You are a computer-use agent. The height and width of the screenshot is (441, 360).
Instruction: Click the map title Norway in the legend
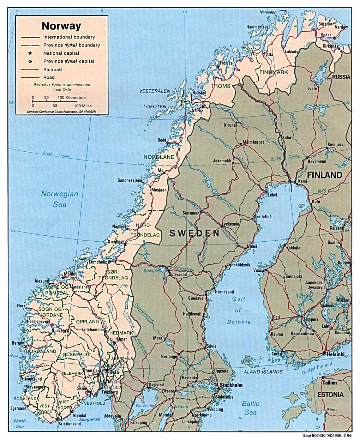pos(61,26)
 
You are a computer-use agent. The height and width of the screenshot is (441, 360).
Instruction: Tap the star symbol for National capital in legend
pos(30,53)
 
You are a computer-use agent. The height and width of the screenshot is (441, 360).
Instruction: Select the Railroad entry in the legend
pos(52,70)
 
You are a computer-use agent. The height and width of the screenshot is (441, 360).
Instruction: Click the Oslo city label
pos(114,372)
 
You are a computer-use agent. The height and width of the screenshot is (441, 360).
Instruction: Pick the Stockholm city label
pos(231,385)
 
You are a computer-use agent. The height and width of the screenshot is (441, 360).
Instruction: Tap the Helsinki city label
pos(335,354)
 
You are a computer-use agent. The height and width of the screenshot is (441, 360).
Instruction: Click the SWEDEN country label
pos(194,233)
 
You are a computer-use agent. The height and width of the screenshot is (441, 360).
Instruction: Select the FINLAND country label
pos(325,175)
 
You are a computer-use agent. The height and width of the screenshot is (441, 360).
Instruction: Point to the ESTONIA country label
pos(330,394)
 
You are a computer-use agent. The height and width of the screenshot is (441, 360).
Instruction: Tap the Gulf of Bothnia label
pos(239,310)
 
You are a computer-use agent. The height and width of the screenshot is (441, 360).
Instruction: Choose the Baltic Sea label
pos(251,408)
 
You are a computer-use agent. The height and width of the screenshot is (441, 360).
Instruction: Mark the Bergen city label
pos(18,343)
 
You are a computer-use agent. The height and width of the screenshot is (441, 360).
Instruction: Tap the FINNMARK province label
pos(274,72)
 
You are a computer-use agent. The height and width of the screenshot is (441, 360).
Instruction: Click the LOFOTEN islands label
pos(154,106)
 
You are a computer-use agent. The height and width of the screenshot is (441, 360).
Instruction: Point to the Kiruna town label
pos(230,125)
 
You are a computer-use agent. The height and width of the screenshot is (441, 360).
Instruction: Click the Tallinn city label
pos(329,383)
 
